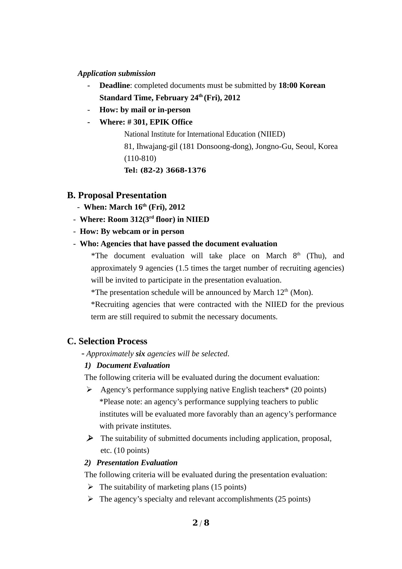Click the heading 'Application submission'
116,73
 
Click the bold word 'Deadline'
114,86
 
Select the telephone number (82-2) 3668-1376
173,171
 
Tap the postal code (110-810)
140,159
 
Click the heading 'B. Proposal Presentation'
117,195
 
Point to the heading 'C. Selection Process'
107,341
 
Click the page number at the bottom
201,523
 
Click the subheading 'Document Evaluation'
133,366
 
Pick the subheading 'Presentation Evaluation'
137,463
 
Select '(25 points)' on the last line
293,499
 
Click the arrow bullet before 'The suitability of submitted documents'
90,439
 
